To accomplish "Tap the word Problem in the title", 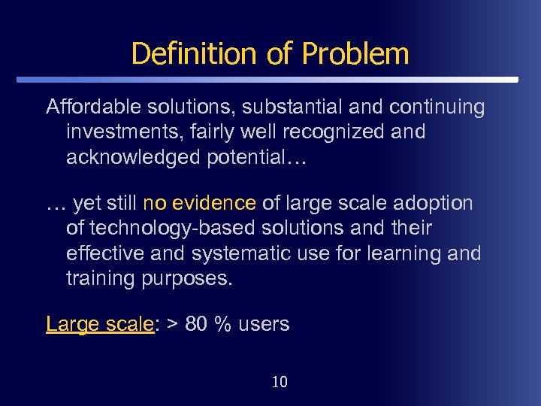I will pos(355,53).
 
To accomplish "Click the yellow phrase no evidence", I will pos(200,204).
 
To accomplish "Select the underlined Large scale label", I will pos(100,324).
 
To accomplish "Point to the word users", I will pos(262,324).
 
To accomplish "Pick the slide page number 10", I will pos(279,382).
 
